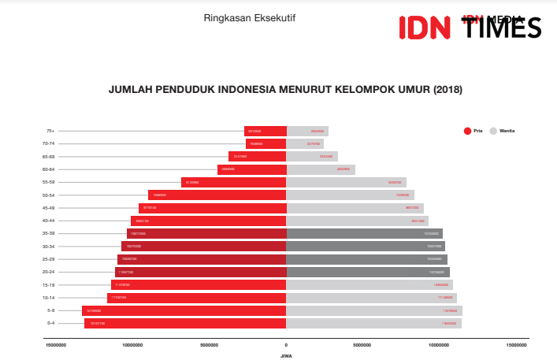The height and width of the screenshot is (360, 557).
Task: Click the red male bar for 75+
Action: (266, 131)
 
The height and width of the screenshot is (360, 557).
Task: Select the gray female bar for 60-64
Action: (321, 169)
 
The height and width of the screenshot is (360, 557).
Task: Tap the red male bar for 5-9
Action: (184, 310)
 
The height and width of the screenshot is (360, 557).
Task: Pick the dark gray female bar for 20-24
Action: (368, 272)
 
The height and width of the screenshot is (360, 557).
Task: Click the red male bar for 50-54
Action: (217, 195)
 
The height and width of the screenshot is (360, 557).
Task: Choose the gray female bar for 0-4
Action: (373, 323)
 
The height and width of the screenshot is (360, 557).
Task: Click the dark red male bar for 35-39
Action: (206, 233)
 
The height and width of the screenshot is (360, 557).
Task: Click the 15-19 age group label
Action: (49, 284)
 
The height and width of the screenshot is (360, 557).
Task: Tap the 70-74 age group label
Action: (49, 143)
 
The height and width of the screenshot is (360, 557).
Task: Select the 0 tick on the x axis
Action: (286, 345)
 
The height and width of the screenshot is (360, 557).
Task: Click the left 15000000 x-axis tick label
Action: (57, 345)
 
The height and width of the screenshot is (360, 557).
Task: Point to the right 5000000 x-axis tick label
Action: (362, 345)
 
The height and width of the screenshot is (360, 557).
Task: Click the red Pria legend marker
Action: (467, 131)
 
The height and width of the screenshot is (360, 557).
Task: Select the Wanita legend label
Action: (507, 131)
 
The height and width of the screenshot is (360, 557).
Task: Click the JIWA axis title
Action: (286, 356)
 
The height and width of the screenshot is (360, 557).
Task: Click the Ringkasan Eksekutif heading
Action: (239, 17)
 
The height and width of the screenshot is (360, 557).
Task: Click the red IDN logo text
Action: (424, 28)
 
